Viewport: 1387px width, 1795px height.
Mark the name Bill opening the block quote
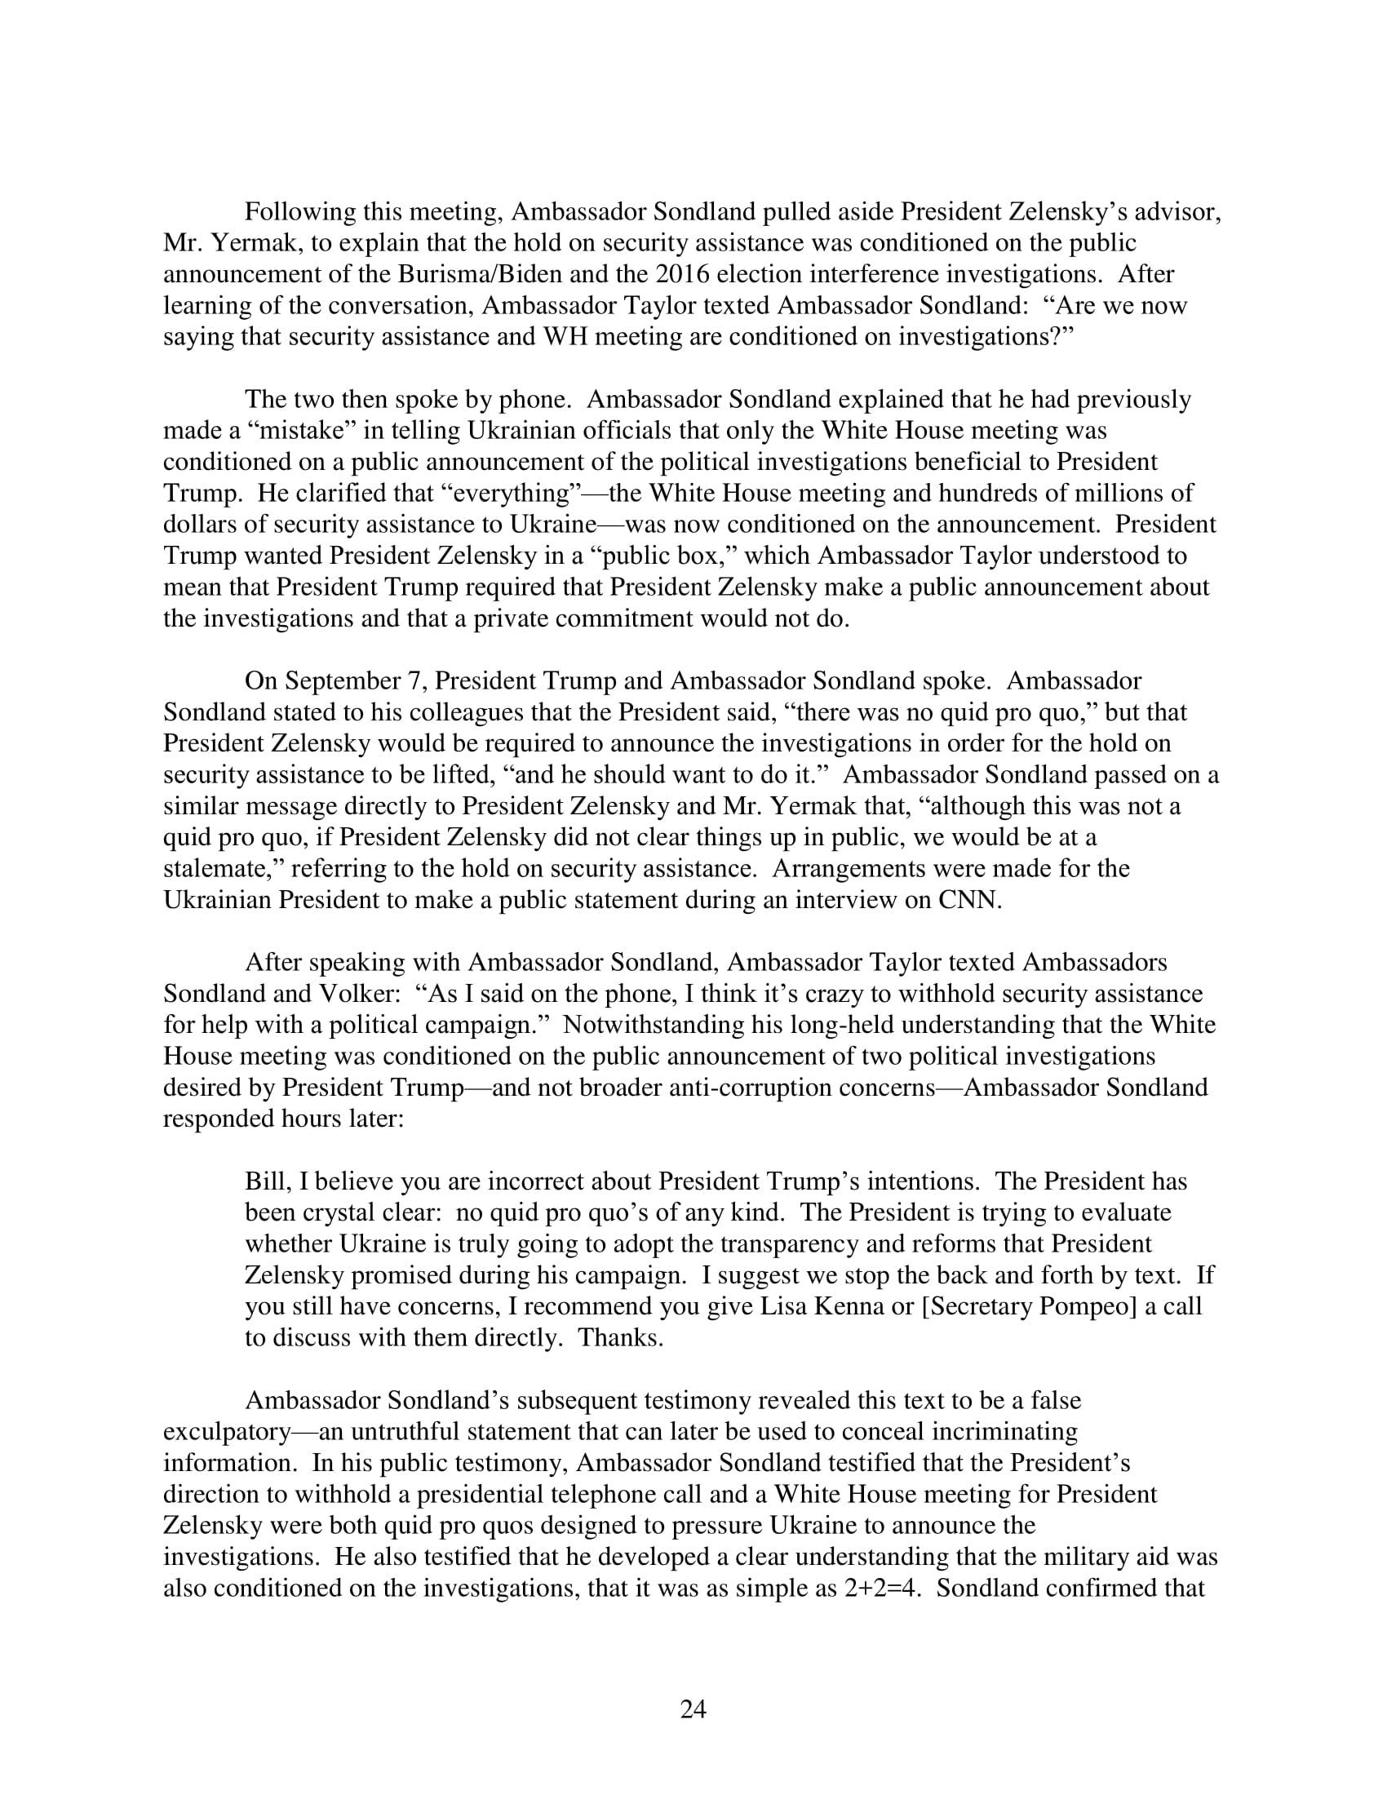(x=264, y=1182)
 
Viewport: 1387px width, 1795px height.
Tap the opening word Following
(x=300, y=212)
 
